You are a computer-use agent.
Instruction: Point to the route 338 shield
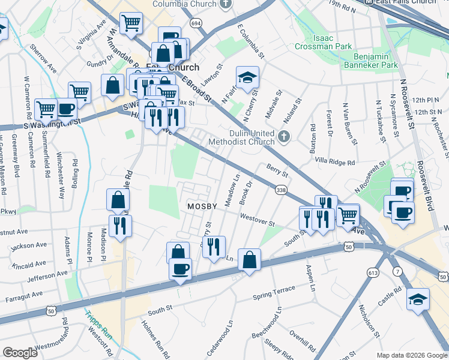(280, 190)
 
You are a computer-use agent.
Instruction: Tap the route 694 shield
(195, 23)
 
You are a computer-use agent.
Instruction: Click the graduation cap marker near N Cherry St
(247, 77)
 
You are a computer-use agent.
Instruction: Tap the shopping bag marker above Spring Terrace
(249, 260)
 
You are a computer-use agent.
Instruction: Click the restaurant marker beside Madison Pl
(120, 226)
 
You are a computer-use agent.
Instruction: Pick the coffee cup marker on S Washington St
(66, 109)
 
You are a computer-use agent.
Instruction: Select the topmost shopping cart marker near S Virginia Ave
(131, 24)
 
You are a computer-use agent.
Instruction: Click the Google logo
(20, 353)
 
